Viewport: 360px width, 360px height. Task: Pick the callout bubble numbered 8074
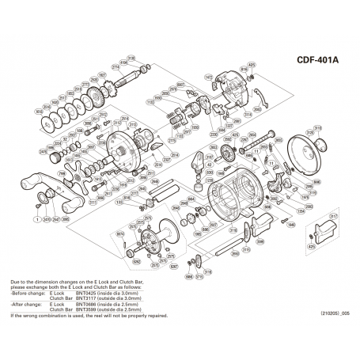pyautogui.click(x=120, y=234)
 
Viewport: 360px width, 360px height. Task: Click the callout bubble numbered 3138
pyautogui.click(x=131, y=57)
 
